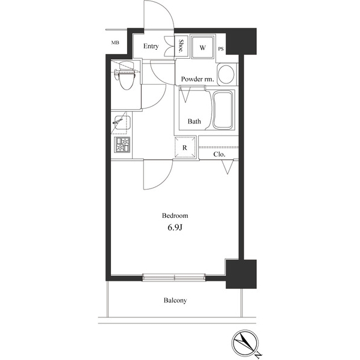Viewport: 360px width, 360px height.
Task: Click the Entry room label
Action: pos(151,46)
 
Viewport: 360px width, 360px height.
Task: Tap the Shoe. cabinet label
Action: pos(181,46)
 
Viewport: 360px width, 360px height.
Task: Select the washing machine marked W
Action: pos(203,47)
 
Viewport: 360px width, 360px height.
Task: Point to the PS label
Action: pos(221,49)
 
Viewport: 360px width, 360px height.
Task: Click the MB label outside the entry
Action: pos(115,43)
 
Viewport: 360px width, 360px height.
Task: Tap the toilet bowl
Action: pos(126,76)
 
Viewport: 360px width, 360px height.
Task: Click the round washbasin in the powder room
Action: pos(226,74)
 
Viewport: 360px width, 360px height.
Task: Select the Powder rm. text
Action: pos(197,79)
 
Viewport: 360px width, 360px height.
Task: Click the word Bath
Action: pos(194,121)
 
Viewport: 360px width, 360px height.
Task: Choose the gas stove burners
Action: pos(122,145)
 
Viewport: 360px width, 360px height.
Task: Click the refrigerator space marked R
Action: pos(185,147)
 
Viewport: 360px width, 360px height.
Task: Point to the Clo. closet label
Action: pos(219,154)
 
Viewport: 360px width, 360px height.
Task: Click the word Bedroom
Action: pos(175,215)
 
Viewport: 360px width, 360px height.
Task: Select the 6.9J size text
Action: pos(175,227)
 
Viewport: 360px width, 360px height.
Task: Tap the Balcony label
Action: pos(175,301)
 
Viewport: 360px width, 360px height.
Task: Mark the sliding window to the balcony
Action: pos(174,277)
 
